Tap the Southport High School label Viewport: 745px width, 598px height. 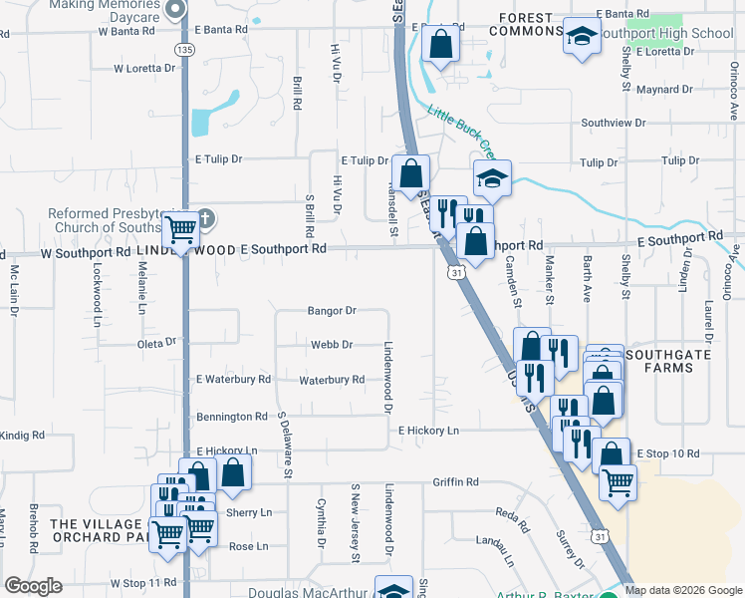(x=665, y=34)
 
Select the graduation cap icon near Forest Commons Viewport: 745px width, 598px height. (x=580, y=37)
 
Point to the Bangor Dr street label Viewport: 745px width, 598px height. (x=332, y=311)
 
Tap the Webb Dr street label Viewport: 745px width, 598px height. (x=332, y=345)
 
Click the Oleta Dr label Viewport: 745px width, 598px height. (x=157, y=342)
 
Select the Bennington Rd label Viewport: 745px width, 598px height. (x=232, y=417)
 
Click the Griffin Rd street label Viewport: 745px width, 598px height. (x=455, y=482)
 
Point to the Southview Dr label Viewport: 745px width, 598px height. (x=613, y=123)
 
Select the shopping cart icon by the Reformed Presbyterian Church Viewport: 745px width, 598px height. (x=180, y=231)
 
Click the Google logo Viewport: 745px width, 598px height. (x=33, y=586)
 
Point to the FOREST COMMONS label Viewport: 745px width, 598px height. (x=526, y=23)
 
